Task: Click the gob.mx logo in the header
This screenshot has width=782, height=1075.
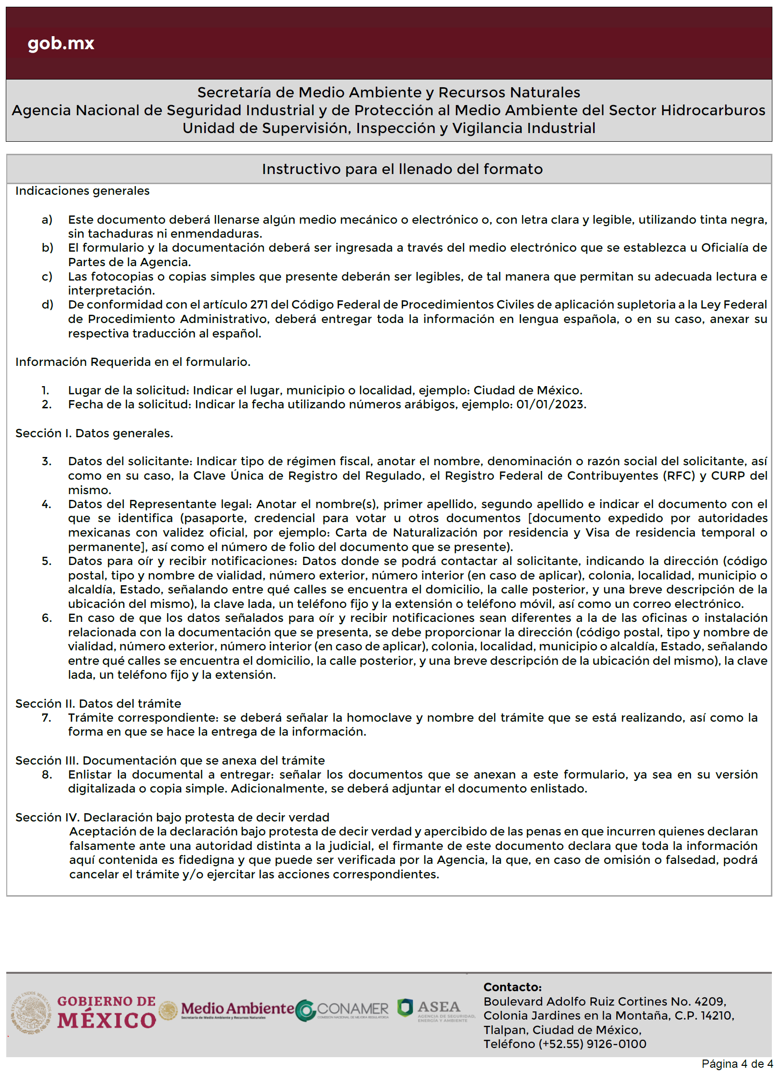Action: tap(61, 43)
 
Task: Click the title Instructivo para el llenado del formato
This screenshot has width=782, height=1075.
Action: tap(402, 169)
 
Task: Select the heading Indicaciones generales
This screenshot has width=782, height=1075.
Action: tap(82, 191)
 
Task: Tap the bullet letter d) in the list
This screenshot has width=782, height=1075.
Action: tap(47, 305)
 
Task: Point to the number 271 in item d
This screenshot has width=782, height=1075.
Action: tap(259, 305)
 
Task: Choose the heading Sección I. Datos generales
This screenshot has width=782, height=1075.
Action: tap(94, 433)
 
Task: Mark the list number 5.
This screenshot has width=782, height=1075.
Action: tap(46, 561)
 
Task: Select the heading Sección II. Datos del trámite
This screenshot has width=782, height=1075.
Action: tap(98, 704)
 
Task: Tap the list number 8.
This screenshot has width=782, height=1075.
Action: tap(46, 775)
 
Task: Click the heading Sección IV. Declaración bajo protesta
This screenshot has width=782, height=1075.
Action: tap(172, 818)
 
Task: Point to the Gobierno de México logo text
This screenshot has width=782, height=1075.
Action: tap(106, 1012)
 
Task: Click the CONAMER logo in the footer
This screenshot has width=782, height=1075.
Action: tap(342, 1009)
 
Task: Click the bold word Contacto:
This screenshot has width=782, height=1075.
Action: tap(512, 987)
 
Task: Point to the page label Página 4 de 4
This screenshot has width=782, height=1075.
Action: tap(737, 1064)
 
